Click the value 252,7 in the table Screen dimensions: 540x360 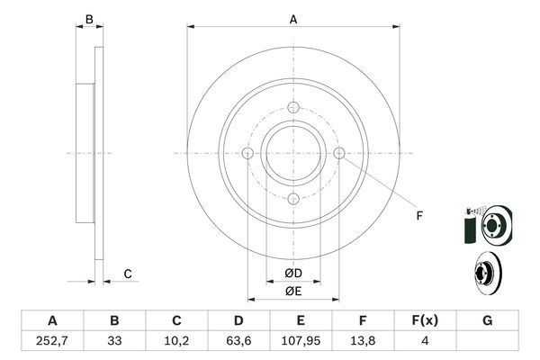52,341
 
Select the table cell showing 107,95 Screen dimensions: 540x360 301,341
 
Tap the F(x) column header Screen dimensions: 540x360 425,320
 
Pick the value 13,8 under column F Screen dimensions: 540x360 363,341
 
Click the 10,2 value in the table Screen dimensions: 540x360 176,341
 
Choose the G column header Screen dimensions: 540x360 487,320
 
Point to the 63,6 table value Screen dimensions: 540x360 238,341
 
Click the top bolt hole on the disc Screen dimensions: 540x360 293,107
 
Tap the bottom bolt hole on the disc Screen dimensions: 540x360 293,199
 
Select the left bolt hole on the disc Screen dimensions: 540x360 248,153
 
